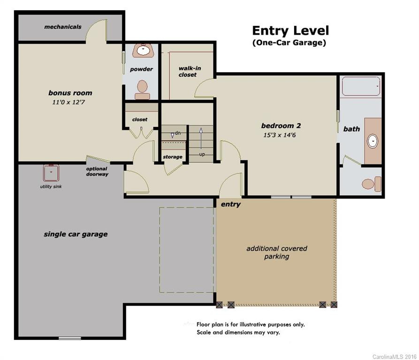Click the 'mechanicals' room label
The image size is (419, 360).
point(63,27)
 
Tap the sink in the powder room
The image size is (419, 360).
point(144,50)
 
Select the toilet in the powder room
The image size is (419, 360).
point(142,90)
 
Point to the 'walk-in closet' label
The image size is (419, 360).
point(190,72)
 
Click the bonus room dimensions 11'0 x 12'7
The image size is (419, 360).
point(69,102)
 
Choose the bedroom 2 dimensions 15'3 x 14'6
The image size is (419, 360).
point(280,135)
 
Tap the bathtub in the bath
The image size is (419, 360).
point(361,86)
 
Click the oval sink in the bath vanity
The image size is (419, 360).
point(373,141)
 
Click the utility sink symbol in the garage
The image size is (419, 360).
point(51,173)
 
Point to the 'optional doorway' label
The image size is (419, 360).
point(97,171)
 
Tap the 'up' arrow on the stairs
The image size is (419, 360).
point(201,138)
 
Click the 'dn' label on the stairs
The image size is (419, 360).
point(178,133)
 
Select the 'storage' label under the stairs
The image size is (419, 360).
point(173,157)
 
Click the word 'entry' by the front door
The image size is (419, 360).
point(230,204)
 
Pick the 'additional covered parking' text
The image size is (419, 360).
point(276,253)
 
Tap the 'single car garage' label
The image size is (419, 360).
point(76,234)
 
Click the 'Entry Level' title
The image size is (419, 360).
point(290,30)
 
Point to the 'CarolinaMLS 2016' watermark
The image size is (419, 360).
point(395,357)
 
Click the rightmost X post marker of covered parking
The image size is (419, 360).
point(334,305)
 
